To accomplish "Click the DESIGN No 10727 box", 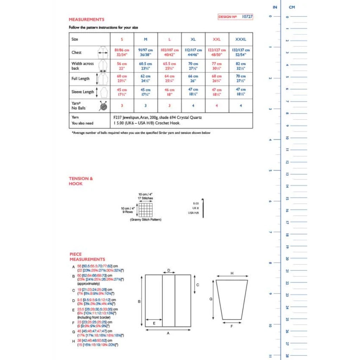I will click(x=236, y=17).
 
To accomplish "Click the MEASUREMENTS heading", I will click(x=86, y=20).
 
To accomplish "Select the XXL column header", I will click(x=217, y=39).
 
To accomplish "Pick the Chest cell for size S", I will click(x=122, y=52).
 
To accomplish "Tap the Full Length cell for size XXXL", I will click(x=241, y=78).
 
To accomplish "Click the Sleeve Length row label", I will click(x=83, y=92).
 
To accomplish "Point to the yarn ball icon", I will click(x=103, y=105).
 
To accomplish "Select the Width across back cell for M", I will click(x=146, y=66).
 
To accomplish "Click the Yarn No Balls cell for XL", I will click(x=193, y=105).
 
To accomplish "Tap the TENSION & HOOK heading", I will click(x=81, y=181).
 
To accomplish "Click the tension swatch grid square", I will click(x=145, y=210).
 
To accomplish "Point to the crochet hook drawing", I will click(x=203, y=208).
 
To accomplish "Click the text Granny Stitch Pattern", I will click(x=146, y=220).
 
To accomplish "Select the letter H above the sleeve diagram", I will click(x=232, y=273).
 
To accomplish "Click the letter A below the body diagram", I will click(x=168, y=333).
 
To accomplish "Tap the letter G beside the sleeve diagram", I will click(x=211, y=299).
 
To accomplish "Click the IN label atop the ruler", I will click(x=275, y=7).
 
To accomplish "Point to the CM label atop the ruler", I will click(x=291, y=7).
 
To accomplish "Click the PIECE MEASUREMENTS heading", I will click(x=87, y=257).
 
